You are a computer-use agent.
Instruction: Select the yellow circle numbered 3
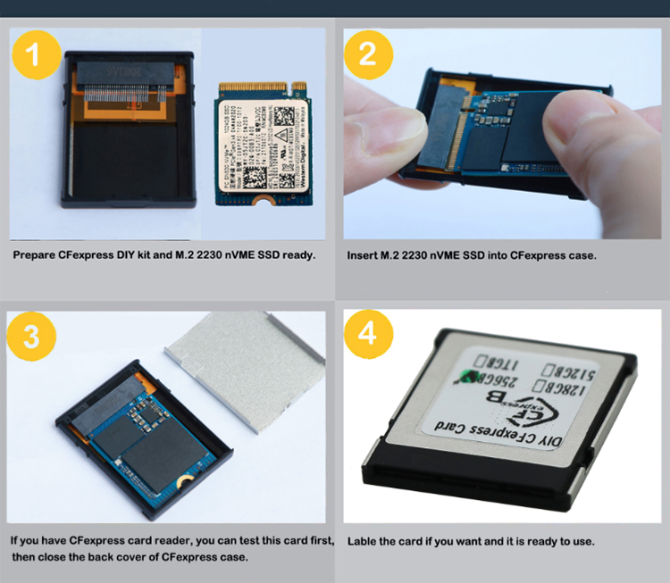(x=32, y=335)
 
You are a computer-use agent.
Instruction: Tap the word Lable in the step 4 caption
(x=363, y=541)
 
